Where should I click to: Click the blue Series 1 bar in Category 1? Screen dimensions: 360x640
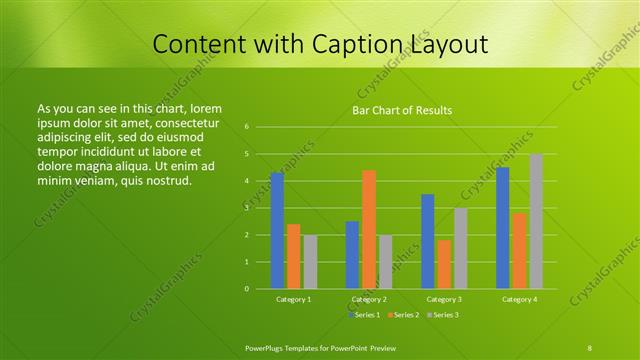tap(277, 231)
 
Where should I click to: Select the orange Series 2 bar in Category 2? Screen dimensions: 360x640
tap(369, 229)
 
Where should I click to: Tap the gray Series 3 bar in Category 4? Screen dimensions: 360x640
tap(536, 222)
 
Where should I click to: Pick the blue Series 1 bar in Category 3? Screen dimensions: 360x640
tap(428, 241)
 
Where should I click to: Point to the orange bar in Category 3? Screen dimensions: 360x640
tap(444, 264)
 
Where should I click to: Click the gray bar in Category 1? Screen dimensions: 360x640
tap(310, 262)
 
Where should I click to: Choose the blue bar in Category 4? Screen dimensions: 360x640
tap(503, 228)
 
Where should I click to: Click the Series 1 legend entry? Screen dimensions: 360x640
tap(363, 315)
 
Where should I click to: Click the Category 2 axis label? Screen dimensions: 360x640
tap(370, 299)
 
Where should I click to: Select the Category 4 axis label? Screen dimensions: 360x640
tap(519, 299)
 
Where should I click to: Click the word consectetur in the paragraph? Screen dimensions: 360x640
tap(189, 120)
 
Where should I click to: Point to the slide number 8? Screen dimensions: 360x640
tap(589, 346)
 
